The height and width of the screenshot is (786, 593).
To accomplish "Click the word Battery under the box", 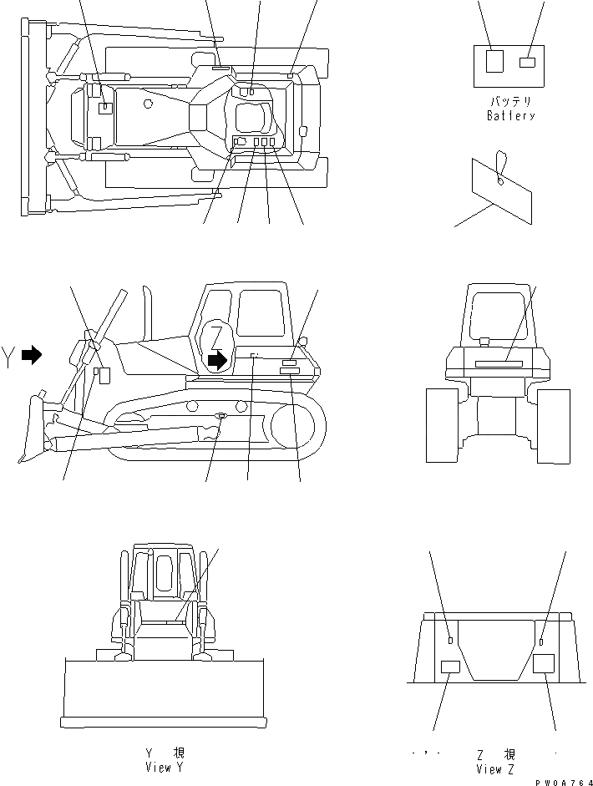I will coord(510,116).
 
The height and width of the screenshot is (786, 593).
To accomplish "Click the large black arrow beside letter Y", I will coord(32,355).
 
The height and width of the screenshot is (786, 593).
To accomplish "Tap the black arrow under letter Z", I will coord(217,360).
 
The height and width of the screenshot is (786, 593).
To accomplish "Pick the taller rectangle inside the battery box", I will coord(494,62).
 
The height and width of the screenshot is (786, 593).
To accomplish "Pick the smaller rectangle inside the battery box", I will coord(527,62).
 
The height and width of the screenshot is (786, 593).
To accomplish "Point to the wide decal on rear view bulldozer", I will coord(499,363).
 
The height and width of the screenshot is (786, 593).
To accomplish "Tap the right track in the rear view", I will coord(554,425).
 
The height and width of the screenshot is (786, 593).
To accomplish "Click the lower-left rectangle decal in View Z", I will coord(450,665).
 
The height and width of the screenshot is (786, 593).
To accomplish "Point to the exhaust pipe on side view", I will coord(150,315).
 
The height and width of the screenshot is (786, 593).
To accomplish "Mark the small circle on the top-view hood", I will coord(147,104).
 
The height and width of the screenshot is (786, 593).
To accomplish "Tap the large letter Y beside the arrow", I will coord(9,355).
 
